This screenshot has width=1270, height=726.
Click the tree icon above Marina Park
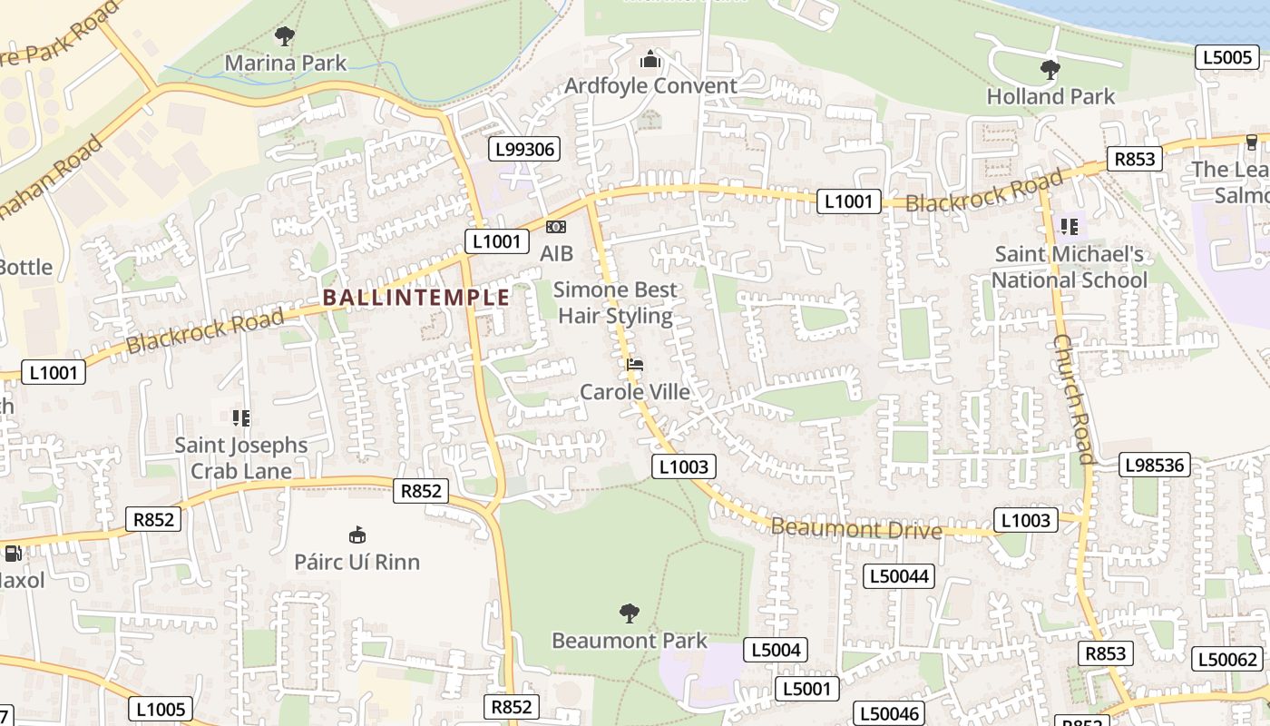285,36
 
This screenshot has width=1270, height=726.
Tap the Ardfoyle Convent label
650,85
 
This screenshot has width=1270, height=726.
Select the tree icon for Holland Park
1050,69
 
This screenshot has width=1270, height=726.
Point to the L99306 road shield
523,150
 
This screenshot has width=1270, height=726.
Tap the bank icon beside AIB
556,227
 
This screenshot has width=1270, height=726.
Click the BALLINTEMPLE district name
416,297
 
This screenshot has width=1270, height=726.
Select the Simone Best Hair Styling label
615,303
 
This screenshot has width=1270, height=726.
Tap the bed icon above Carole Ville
635,365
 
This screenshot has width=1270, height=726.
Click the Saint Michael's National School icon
1070,226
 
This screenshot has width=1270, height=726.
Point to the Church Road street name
1075,399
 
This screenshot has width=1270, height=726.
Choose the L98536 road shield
1154,466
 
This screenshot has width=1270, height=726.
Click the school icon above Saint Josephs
240,417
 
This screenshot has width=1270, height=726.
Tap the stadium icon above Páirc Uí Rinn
357,535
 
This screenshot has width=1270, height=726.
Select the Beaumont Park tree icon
629,613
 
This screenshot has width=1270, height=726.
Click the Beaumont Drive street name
856,528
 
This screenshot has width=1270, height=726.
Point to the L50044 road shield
898,575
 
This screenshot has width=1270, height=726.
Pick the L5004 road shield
776,649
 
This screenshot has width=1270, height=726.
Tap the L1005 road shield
161,709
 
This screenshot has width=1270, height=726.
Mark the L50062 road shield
1227,660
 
